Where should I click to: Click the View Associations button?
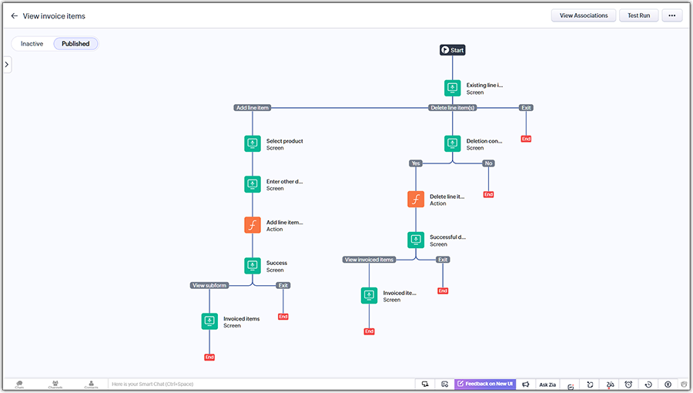(584, 15)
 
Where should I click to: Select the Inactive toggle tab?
(32, 44)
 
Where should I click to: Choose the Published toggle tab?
(75, 44)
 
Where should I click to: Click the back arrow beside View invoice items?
(14, 15)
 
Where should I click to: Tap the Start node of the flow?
(453, 50)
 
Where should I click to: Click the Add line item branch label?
(253, 108)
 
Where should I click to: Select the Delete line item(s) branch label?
(452, 108)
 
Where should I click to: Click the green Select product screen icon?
(253, 144)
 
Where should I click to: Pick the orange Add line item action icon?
(253, 225)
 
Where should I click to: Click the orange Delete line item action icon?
(416, 200)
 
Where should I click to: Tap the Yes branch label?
(416, 163)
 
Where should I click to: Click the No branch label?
(488, 163)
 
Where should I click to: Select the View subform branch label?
(209, 285)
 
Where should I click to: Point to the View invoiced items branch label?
(369, 260)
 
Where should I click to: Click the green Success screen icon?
(253, 266)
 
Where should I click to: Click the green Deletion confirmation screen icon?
(453, 144)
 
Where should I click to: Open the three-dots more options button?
(672, 15)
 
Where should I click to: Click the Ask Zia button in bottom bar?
(547, 385)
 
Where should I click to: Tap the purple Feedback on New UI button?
(485, 385)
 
